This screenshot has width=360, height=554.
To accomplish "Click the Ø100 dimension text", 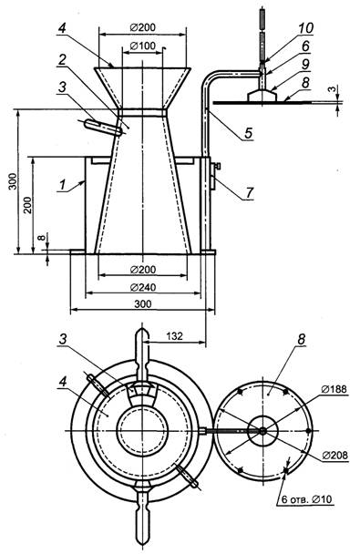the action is pos(143,46).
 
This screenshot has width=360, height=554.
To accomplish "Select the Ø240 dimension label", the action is pos(143,288).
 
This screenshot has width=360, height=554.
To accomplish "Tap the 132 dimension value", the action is pos(175,335).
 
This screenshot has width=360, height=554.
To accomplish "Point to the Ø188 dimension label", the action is pos(334,389).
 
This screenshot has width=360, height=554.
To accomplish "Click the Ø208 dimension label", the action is pos(334,455).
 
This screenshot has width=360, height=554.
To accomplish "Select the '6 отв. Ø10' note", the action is pos(306,499).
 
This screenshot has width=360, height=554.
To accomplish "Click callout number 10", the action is pos(305,28).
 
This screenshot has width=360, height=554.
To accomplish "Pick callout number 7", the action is pos(250,192).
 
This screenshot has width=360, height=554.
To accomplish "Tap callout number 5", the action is pos(249,133).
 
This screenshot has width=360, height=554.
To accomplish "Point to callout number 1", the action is pos(63,185).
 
